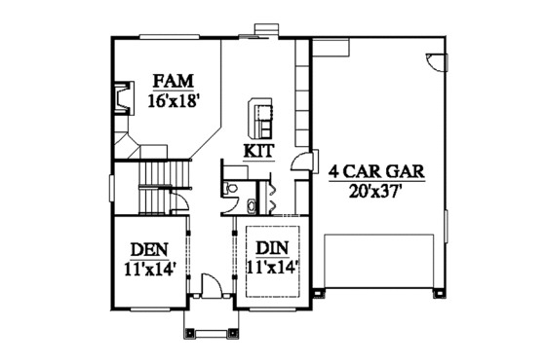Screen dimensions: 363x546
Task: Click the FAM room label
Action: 173,82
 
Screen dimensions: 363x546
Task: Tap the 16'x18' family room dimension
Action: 174,99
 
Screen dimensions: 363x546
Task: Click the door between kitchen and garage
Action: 304,165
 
